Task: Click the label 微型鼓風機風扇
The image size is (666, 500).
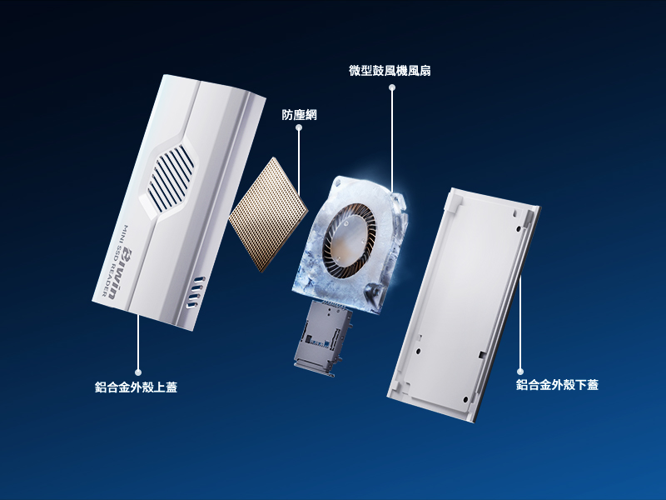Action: [x=390, y=71]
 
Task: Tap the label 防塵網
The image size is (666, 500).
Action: [x=299, y=115]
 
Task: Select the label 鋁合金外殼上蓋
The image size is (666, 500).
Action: [x=136, y=387]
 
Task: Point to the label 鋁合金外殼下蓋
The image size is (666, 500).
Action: [x=557, y=385]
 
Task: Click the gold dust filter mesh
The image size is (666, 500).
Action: [x=268, y=215]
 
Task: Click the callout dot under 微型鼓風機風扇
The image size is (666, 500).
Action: [x=392, y=87]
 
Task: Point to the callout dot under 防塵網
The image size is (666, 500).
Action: [x=299, y=127]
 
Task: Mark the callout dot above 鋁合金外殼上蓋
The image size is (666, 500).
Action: [x=137, y=372]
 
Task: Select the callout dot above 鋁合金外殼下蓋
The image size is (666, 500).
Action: [x=520, y=371]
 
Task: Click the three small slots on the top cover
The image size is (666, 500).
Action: [x=196, y=292]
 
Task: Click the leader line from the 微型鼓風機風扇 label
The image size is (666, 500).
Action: [x=392, y=139]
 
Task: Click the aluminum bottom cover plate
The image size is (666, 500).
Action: [x=464, y=305]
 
